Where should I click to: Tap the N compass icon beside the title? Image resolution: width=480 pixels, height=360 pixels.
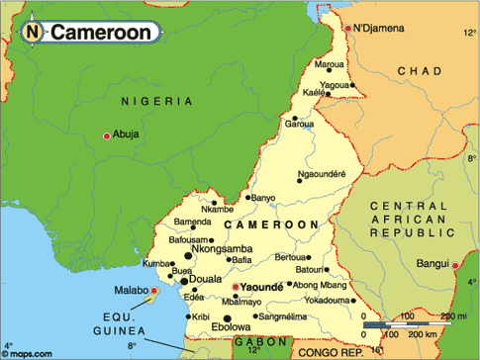(33, 32)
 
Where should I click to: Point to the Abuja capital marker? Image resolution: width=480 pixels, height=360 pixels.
(106, 135)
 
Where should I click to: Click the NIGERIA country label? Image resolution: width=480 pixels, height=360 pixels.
(155, 101)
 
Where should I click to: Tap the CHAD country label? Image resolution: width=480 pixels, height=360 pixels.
(421, 71)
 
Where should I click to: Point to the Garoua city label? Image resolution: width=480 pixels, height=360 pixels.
(299, 124)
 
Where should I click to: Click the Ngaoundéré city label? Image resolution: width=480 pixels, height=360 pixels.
(322, 174)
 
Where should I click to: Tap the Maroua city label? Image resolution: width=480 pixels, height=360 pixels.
(329, 64)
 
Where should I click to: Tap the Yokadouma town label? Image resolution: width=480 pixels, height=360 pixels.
(328, 299)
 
